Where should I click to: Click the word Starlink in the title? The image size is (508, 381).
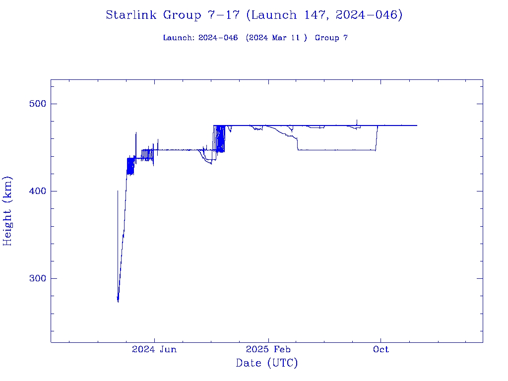[x=132, y=15]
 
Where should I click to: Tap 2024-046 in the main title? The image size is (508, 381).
[x=367, y=15]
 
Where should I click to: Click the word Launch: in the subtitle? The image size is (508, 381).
[x=179, y=38]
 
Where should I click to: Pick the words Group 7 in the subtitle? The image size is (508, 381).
[x=331, y=38]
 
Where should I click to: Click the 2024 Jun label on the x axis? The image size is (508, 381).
[x=154, y=349]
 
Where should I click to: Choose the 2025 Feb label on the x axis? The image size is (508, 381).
[x=268, y=349]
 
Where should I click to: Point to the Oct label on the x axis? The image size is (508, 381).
[x=381, y=349]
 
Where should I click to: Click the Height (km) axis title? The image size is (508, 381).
[x=7, y=211]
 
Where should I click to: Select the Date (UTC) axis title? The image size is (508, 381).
[x=267, y=363]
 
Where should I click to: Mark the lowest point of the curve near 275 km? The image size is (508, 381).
[x=118, y=301]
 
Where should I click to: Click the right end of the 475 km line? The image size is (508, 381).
[x=416, y=126]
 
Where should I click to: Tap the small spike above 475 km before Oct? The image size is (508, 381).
[x=357, y=120]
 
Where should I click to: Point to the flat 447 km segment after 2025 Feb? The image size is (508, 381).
[x=337, y=150]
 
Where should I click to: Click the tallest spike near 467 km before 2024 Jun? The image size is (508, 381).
[x=136, y=133]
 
